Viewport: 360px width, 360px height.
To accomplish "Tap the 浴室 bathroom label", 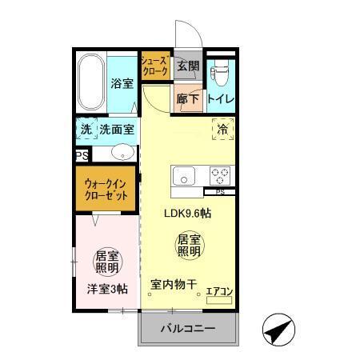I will [x=121, y=84].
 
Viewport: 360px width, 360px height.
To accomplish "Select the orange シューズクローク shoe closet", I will [x=155, y=66].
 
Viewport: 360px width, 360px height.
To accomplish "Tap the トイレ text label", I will [x=220, y=100].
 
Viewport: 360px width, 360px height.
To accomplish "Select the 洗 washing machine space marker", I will [x=85, y=129].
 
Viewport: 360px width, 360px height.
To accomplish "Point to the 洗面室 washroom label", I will [x=117, y=129].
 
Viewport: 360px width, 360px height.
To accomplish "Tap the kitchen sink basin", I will [x=183, y=175].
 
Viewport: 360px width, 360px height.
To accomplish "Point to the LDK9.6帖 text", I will [x=189, y=214].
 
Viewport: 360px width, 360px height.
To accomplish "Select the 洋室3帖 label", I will [x=107, y=290].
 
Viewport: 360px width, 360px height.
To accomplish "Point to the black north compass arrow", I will [x=277, y=330].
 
